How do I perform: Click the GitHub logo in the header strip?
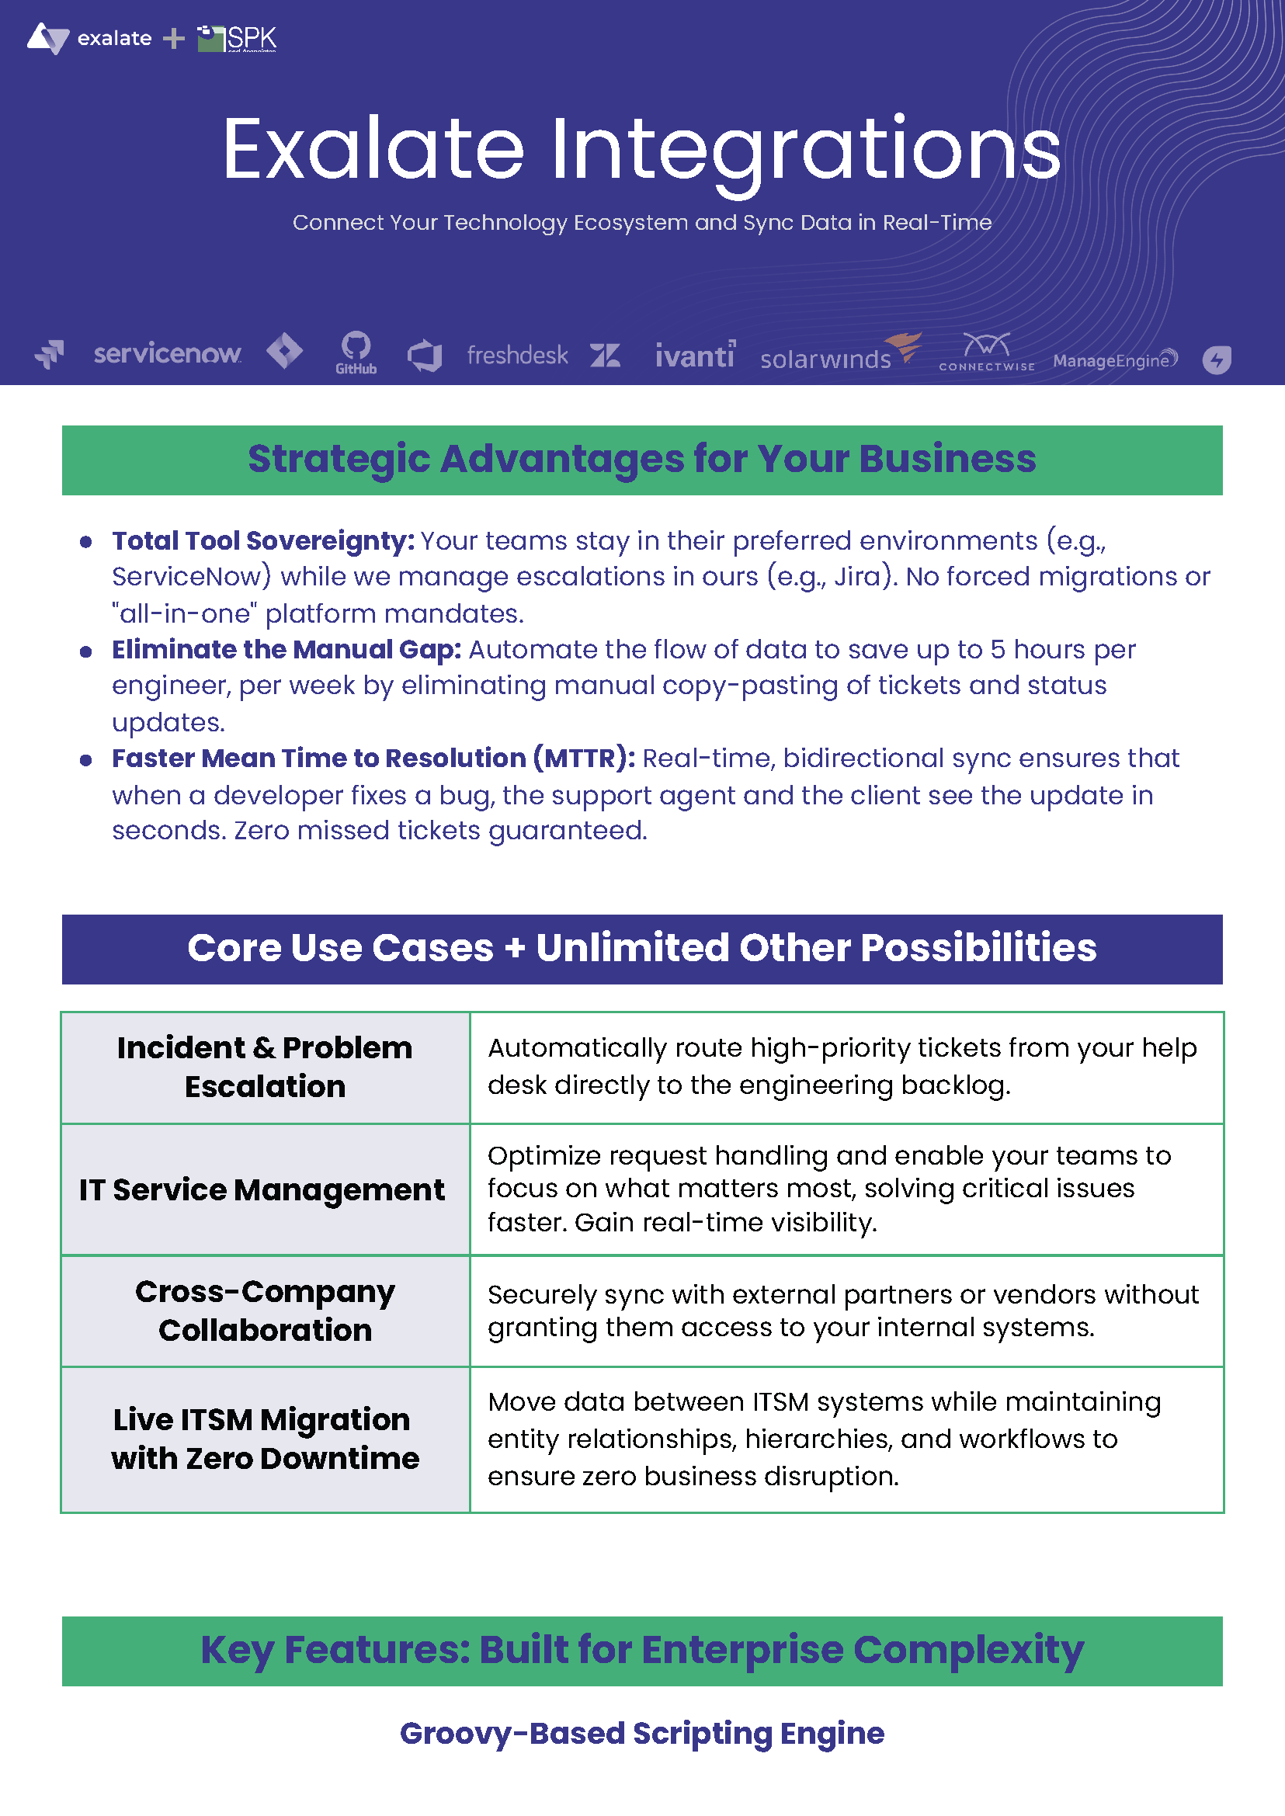pyautogui.click(x=356, y=352)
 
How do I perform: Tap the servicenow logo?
pyautogui.click(x=167, y=354)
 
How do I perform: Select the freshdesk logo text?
pyautogui.click(x=516, y=356)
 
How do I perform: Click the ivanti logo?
pyautogui.click(x=695, y=356)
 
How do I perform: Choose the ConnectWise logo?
pyautogui.click(x=987, y=353)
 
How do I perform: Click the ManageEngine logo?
pyautogui.click(x=1114, y=360)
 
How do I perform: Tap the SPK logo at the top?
pyautogui.click(x=238, y=38)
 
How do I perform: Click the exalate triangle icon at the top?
pyautogui.click(x=48, y=38)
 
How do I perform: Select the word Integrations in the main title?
pyautogui.click(x=804, y=149)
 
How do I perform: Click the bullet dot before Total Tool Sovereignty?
pyautogui.click(x=86, y=542)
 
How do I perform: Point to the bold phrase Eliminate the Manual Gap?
pyautogui.click(x=286, y=650)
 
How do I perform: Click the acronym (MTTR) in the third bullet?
pyautogui.click(x=584, y=759)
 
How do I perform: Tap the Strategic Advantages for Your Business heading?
pyautogui.click(x=641, y=460)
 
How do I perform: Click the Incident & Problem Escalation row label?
pyautogui.click(x=265, y=1068)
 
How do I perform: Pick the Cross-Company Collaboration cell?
pyautogui.click(x=265, y=1311)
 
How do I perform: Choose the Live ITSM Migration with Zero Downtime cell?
pyautogui.click(x=265, y=1439)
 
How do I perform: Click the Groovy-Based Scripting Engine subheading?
pyautogui.click(x=641, y=1734)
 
